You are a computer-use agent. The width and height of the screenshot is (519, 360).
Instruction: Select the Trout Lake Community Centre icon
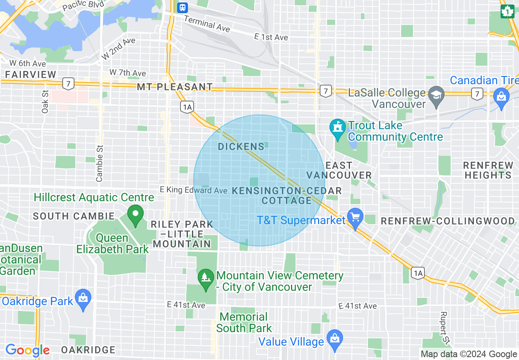pyautogui.click(x=338, y=127)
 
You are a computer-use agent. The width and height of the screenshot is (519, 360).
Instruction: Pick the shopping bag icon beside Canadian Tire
pyautogui.click(x=501, y=97)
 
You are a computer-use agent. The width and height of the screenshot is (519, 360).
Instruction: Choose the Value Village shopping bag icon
pyautogui.click(x=335, y=339)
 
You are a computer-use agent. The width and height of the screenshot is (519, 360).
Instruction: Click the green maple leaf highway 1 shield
pyautogui.click(x=508, y=11)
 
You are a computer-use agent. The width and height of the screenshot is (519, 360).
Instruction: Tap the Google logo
pyautogui.click(x=27, y=350)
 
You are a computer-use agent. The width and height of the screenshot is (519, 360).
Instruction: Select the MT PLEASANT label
pyautogui.click(x=175, y=87)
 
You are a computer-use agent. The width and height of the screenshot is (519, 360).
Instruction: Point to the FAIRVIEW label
pyautogui.click(x=31, y=74)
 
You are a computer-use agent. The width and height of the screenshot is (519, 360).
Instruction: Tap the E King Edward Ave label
pyautogui.click(x=193, y=190)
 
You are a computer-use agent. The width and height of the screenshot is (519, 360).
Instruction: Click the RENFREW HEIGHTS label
pyautogui.click(x=488, y=170)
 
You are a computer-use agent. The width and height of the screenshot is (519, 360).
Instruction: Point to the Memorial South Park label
pyautogui.click(x=244, y=322)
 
